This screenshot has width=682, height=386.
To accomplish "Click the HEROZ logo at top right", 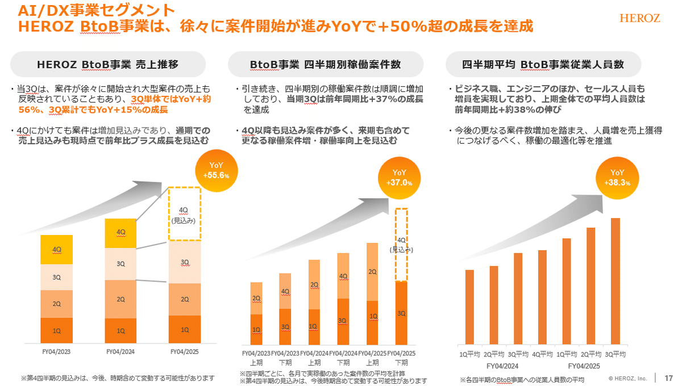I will pos(640,18).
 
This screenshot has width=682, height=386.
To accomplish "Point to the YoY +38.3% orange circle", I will pos(617,177).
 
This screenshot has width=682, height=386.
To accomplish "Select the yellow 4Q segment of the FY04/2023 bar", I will pos(56,249).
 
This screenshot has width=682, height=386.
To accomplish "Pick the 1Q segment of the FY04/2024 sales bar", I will pos(121,330).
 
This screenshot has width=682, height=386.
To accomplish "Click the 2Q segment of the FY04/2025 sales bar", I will pos(185,299).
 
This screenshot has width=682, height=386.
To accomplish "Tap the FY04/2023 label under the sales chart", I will pos(57,352).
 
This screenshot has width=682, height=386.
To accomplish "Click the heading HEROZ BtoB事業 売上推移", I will pos(107,64).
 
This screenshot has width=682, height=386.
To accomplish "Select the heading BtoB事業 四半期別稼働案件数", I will pos(326,64).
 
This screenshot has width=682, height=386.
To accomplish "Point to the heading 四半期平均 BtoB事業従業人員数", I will pos(544,64).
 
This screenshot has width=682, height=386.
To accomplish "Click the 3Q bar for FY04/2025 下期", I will pos(402,312).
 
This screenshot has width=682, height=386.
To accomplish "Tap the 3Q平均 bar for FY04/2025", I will pos(614,281).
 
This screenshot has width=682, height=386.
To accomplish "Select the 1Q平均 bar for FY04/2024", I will pos(469,307).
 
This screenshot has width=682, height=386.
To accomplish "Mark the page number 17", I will pos(668,377).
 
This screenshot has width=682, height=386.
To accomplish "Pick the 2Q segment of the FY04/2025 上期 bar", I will pos(372,272).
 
